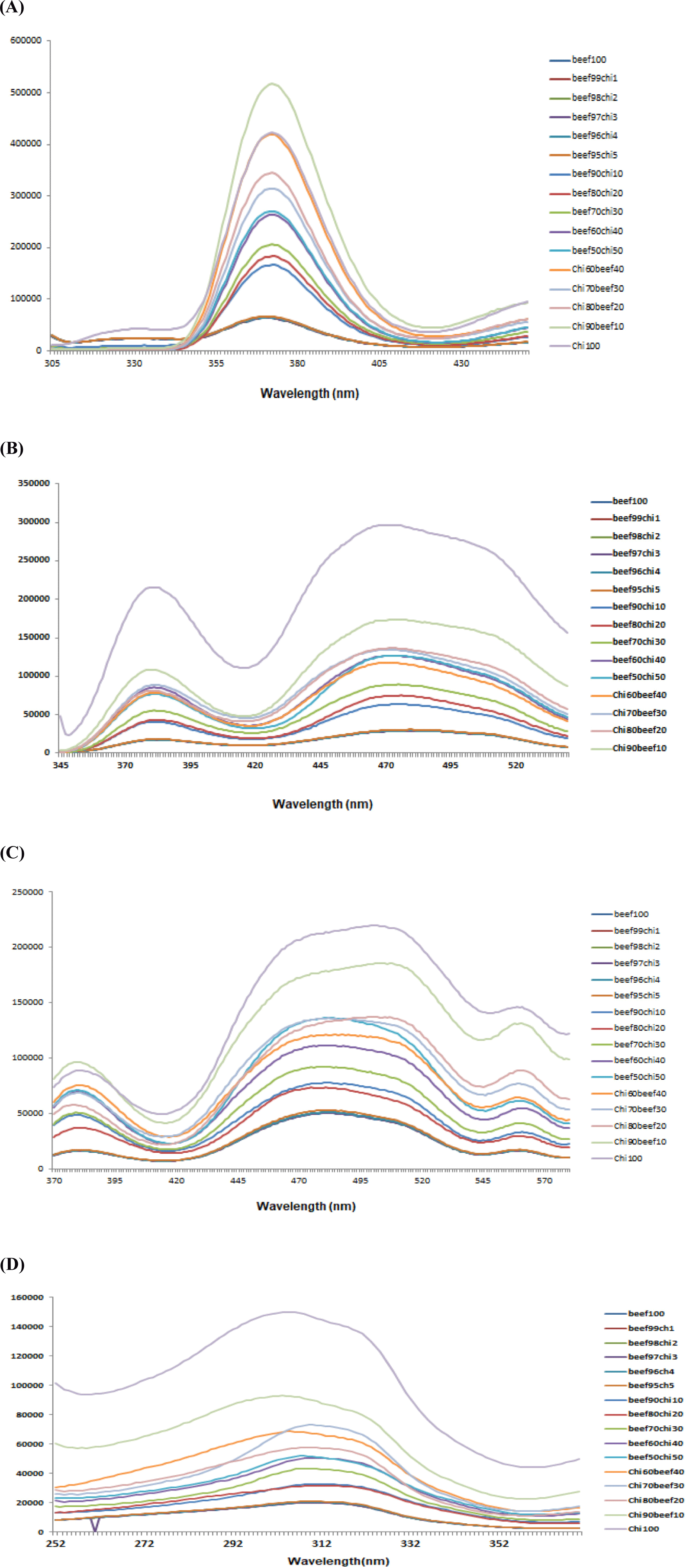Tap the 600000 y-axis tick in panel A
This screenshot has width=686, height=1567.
(26, 41)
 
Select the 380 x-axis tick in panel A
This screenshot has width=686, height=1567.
(297, 363)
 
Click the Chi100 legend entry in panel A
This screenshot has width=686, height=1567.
(586, 345)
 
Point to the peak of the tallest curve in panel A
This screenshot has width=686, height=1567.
(271, 84)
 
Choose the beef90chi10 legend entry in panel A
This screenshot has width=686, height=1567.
(597, 174)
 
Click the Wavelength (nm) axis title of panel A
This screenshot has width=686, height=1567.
(309, 393)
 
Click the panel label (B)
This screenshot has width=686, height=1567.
(12, 448)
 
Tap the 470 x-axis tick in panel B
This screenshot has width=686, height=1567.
(386, 765)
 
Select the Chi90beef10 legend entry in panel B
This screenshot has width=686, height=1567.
(639, 748)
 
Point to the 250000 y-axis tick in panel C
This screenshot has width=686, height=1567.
(28, 892)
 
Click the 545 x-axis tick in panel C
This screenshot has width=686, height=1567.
(482, 1180)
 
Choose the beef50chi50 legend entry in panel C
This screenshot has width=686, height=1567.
(639, 1077)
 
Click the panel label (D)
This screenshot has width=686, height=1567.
(12, 1264)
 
